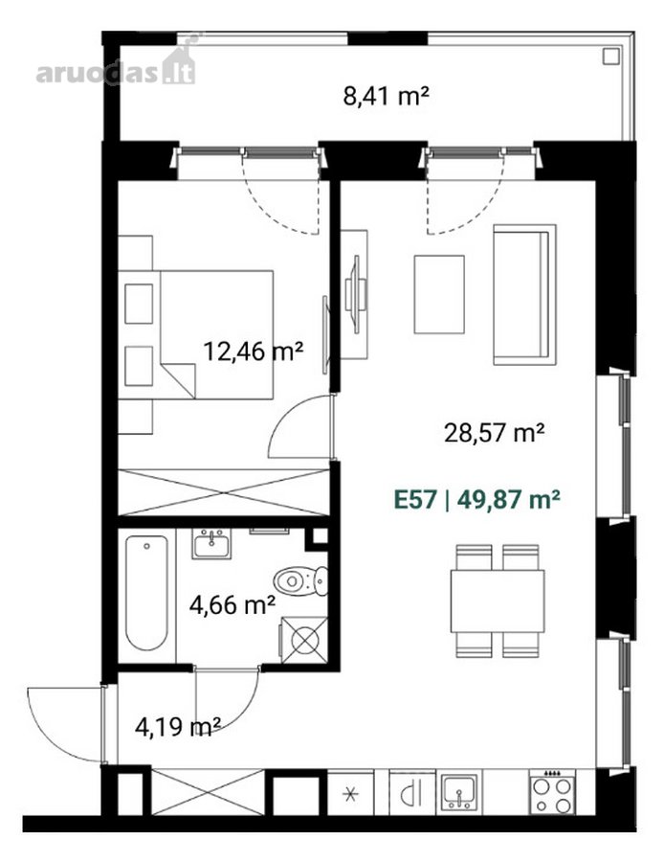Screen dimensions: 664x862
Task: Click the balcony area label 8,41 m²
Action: (x=386, y=96)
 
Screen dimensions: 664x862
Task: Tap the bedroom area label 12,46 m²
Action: (x=254, y=351)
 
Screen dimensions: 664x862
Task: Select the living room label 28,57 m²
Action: (x=495, y=433)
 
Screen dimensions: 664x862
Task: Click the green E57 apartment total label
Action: (x=477, y=500)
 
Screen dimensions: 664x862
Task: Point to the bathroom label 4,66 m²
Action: (x=232, y=605)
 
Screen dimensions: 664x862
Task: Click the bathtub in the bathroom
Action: (x=146, y=593)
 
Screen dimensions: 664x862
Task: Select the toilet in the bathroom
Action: (x=301, y=580)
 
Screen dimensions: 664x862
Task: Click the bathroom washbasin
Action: (x=211, y=544)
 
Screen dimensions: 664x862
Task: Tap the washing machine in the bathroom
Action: (x=304, y=640)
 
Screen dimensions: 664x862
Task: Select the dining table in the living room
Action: (x=498, y=601)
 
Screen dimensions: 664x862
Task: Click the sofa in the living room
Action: (x=525, y=295)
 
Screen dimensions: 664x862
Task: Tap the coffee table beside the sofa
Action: (x=439, y=294)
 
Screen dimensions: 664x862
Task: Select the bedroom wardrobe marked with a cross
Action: (x=224, y=492)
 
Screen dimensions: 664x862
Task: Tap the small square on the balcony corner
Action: (x=610, y=57)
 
